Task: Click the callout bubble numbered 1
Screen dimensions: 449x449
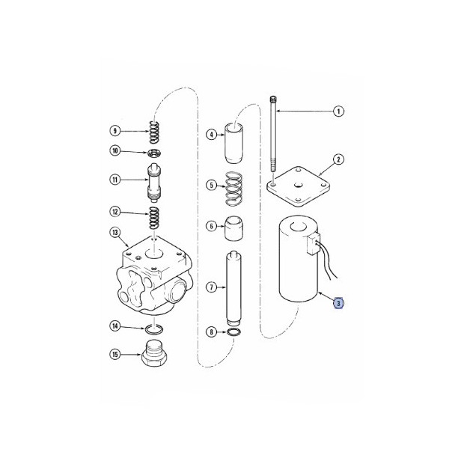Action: point(338,112)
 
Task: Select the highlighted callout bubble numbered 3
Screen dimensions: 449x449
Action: point(338,303)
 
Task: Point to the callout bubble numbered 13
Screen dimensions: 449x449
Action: point(114,233)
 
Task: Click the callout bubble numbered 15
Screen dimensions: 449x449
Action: point(114,354)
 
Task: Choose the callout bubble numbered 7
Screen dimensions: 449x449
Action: point(211,287)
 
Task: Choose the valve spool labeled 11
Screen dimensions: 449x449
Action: point(156,183)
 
